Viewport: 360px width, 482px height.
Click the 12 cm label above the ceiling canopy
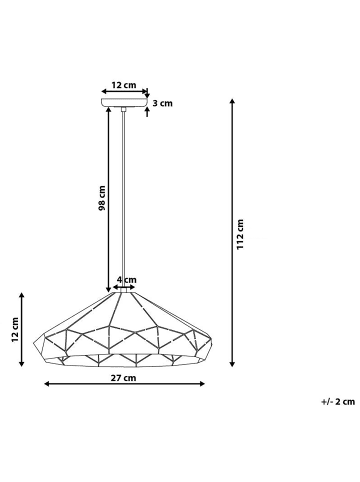click(124, 85)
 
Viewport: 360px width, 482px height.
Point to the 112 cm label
click(241, 235)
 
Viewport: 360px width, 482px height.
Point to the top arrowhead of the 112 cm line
click(233, 101)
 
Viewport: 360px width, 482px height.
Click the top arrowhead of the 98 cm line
click(109, 110)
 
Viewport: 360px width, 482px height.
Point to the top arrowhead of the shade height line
click(23, 294)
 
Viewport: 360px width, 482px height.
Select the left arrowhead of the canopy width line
click(104, 93)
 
